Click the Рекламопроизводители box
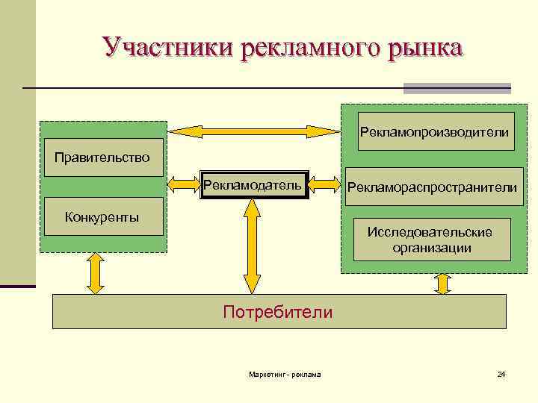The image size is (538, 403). (434, 131)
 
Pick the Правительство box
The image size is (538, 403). (102, 157)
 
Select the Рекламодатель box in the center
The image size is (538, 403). (253, 184)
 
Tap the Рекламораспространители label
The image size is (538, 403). (430, 188)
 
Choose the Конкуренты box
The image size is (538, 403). (102, 216)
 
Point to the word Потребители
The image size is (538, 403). (278, 312)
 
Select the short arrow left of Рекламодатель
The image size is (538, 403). (182, 184)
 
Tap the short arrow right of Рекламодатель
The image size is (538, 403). (324, 184)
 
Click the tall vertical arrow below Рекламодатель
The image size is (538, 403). (253, 246)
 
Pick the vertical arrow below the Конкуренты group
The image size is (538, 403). (96, 273)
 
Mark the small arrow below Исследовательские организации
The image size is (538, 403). (442, 284)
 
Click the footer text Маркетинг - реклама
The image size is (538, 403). (285, 374)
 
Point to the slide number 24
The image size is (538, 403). (501, 374)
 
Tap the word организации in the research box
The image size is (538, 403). (432, 248)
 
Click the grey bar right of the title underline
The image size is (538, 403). (457, 88)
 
